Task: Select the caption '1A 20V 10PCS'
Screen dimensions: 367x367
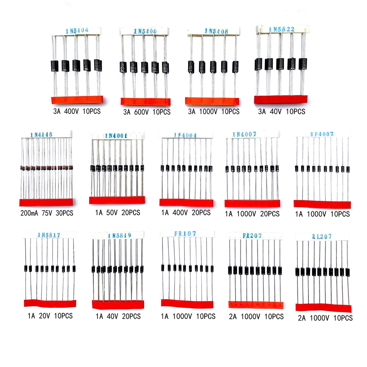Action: pyautogui.click(x=50, y=316)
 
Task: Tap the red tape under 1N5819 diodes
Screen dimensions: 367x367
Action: pyautogui.click(x=119, y=304)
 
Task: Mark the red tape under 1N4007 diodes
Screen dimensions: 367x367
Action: pyautogui.click(x=253, y=203)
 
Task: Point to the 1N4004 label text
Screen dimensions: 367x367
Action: pyautogui.click(x=185, y=135)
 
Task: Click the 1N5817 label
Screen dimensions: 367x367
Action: pyautogui.click(x=49, y=235)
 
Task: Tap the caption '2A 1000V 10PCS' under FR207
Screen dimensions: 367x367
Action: pyautogui.click(x=257, y=317)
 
